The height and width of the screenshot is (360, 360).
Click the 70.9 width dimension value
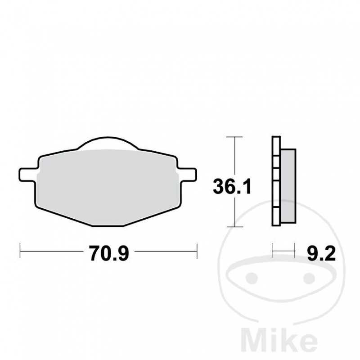[x=109, y=254]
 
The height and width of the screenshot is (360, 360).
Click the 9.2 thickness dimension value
[x=321, y=254]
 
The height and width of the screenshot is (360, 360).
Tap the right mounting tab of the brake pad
[x=188, y=174]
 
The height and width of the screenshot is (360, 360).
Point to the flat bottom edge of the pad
[x=107, y=225]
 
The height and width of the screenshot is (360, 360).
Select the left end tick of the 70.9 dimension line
[x=20, y=251]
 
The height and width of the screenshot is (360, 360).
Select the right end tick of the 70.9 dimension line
[x=197, y=251]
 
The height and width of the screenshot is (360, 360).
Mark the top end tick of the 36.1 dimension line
[x=234, y=136]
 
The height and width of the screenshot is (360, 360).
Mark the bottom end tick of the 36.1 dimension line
[x=234, y=227]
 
